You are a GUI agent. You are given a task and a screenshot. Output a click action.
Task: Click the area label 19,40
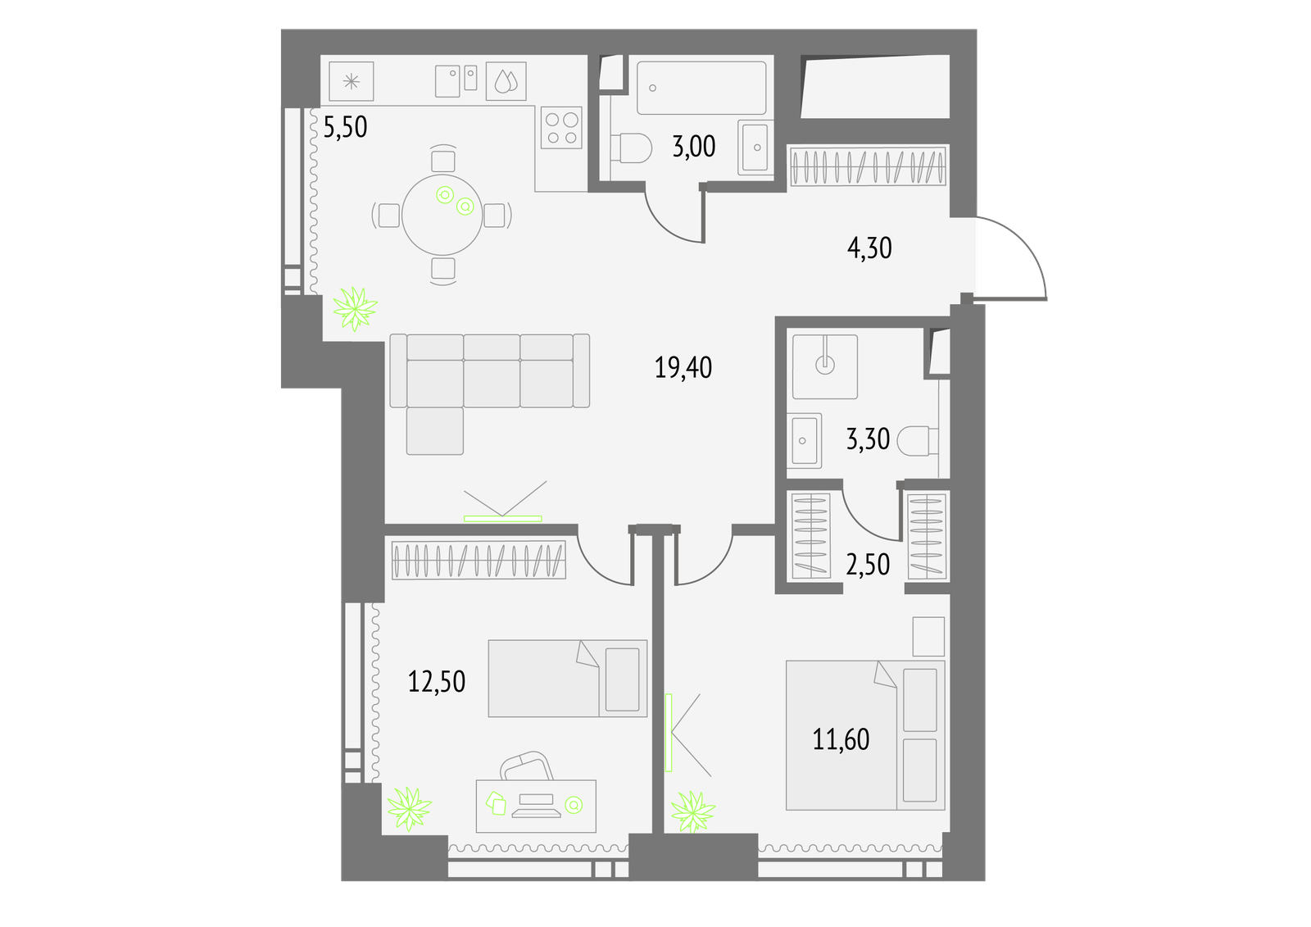(x=683, y=368)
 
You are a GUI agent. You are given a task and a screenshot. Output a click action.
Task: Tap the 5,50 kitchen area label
(x=345, y=126)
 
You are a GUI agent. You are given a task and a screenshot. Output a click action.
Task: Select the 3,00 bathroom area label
(x=693, y=147)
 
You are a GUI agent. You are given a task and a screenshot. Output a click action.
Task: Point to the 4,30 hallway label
(x=869, y=248)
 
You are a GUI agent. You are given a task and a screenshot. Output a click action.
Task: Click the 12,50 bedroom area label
(x=437, y=682)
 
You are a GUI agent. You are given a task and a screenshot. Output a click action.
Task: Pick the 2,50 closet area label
(x=868, y=565)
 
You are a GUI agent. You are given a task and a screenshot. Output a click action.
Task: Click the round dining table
(x=442, y=215)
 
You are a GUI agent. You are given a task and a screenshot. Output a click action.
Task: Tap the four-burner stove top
(x=561, y=127)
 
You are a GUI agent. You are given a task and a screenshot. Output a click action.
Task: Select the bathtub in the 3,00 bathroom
(x=701, y=88)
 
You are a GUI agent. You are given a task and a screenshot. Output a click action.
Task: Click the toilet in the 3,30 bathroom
(x=917, y=441)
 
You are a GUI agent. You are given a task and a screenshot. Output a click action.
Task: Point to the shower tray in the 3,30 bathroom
(x=825, y=366)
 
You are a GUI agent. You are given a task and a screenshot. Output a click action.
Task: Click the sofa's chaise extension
(x=435, y=430)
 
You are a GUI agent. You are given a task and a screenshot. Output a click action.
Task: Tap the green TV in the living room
(x=503, y=519)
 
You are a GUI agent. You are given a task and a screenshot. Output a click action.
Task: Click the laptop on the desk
(x=536, y=805)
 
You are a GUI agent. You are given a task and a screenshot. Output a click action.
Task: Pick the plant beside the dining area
(x=355, y=309)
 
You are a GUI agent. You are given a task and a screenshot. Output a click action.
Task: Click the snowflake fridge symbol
(x=352, y=81)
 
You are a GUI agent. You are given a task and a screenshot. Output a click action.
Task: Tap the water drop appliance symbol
(x=506, y=81)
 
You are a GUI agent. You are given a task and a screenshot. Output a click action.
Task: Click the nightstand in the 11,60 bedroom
(x=929, y=637)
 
